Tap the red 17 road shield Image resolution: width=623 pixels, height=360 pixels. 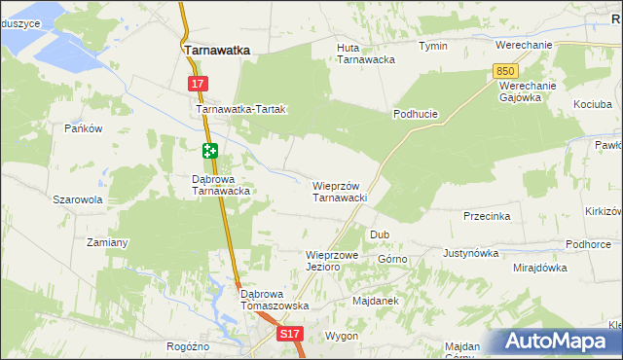click(x=198, y=85)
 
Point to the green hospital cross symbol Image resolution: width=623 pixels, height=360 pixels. click(x=210, y=151)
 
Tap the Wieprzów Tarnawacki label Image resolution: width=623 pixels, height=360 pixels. click(x=339, y=191)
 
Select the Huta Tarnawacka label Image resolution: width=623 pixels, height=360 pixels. click(x=365, y=53)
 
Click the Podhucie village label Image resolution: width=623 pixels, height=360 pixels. click(x=416, y=114)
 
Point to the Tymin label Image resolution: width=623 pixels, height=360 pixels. click(x=433, y=46)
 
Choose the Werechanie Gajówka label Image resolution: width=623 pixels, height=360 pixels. click(x=527, y=90)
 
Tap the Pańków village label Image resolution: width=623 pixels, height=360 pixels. click(x=84, y=128)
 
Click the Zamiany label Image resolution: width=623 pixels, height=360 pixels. click(x=108, y=241)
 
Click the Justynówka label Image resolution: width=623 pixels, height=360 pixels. click(x=470, y=253)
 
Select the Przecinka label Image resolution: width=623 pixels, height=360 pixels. click(x=487, y=216)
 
